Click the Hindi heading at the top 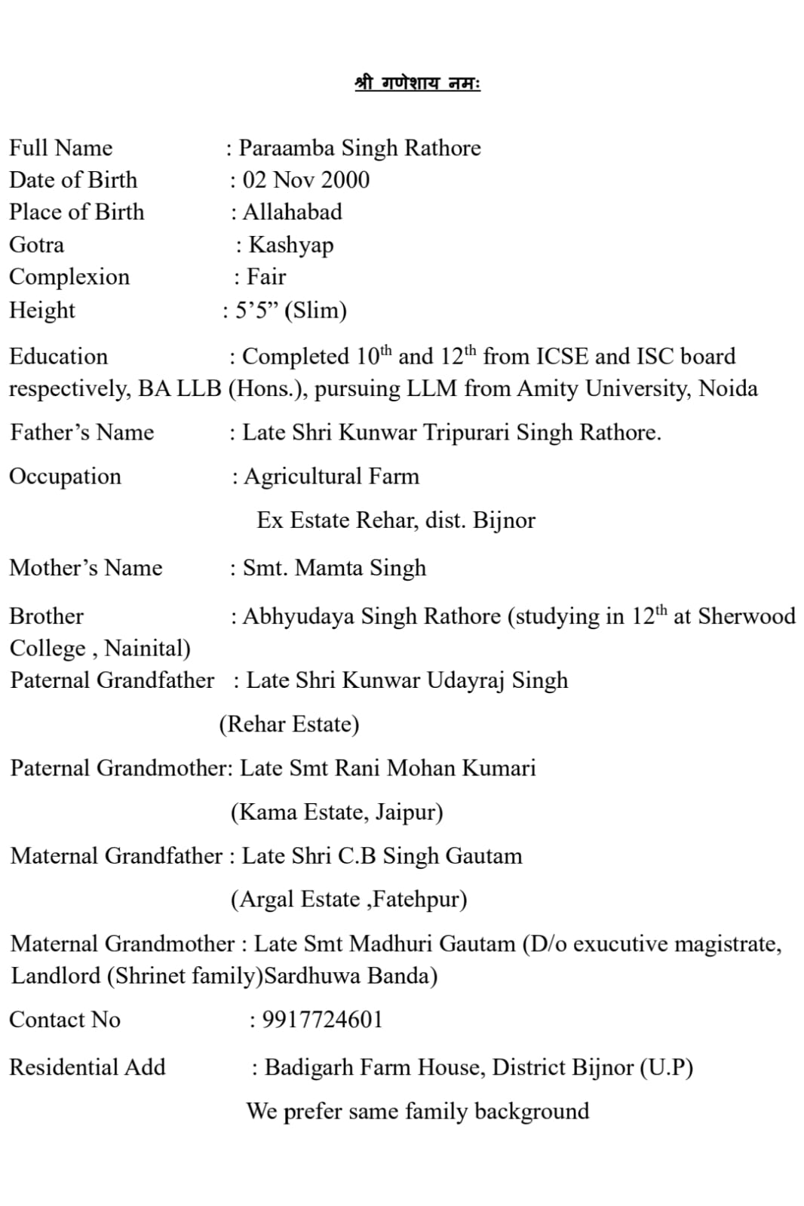click(x=417, y=83)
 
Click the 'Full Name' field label click(x=60, y=148)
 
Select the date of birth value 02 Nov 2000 click(x=306, y=180)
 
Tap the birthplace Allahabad click(x=292, y=212)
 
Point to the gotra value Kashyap click(x=291, y=245)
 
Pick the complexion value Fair click(x=266, y=277)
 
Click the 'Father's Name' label click(x=82, y=432)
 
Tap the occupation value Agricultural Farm click(x=331, y=477)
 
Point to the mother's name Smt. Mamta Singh click(x=334, y=568)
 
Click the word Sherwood click(x=746, y=616)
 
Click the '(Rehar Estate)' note click(x=289, y=724)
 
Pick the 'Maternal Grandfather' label click(x=116, y=856)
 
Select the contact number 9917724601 click(x=322, y=1020)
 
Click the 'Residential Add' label click(x=87, y=1067)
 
